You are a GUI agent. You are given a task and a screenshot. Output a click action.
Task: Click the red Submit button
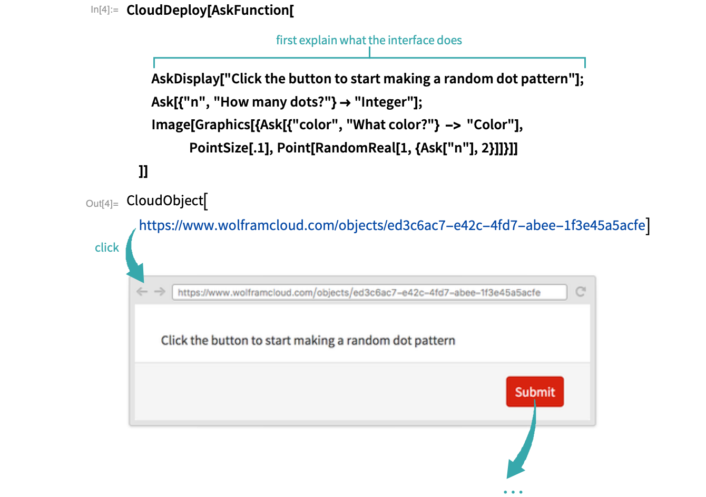click(x=535, y=391)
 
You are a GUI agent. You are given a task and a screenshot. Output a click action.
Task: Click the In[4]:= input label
click(x=104, y=9)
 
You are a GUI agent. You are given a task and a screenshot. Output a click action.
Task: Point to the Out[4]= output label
click(x=102, y=204)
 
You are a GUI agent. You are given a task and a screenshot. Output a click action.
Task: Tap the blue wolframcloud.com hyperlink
click(x=391, y=226)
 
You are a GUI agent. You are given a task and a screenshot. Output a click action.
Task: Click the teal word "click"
click(x=107, y=248)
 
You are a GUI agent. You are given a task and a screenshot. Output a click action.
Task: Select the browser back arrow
click(x=142, y=292)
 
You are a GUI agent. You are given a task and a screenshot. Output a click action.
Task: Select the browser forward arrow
click(x=160, y=292)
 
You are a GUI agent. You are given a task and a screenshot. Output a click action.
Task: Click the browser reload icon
click(x=581, y=292)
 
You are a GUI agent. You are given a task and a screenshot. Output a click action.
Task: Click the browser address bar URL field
click(x=369, y=292)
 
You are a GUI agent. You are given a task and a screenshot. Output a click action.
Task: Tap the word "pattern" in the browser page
click(x=435, y=341)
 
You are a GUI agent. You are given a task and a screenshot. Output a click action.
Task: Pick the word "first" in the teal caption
click(x=287, y=40)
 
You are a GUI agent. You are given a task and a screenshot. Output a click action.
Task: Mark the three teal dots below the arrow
click(x=513, y=492)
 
